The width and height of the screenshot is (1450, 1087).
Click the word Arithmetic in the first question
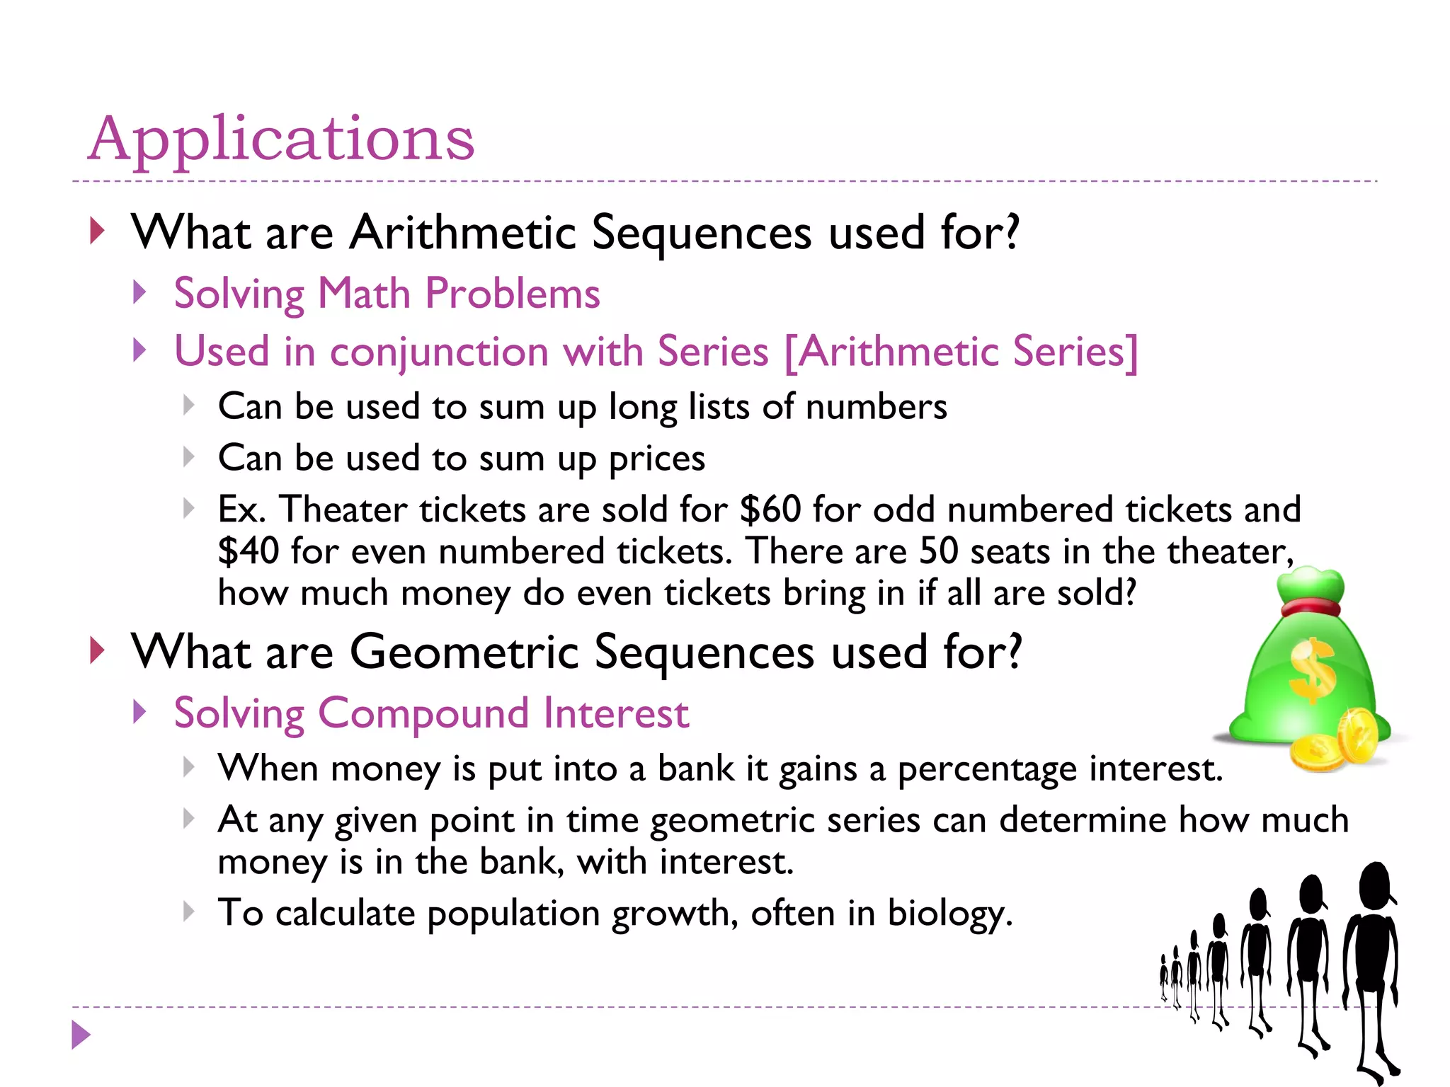click(463, 232)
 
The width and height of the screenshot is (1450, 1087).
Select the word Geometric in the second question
click(464, 652)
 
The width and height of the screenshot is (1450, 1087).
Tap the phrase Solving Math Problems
click(387, 294)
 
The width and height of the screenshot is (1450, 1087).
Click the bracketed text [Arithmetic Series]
click(961, 352)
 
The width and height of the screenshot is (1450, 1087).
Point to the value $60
click(770, 510)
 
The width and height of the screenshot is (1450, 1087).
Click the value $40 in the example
click(249, 551)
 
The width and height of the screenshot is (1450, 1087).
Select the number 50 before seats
click(938, 551)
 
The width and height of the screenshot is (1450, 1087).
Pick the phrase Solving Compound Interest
click(431, 713)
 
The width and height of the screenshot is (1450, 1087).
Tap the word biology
click(949, 913)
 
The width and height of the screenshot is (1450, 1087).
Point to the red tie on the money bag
click(1310, 607)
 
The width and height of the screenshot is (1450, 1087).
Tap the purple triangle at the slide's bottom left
click(81, 1035)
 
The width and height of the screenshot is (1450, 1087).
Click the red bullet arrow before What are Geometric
click(97, 650)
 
